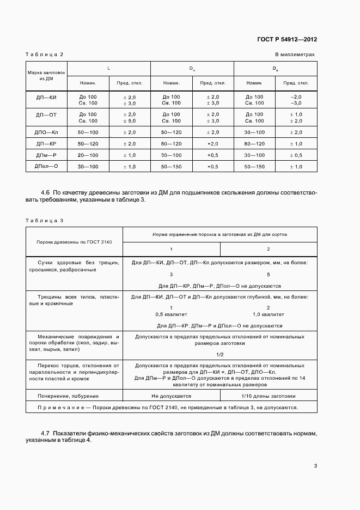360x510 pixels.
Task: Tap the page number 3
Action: coord(315,466)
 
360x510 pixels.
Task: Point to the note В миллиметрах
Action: coord(295,54)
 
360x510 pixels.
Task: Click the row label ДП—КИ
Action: coord(46,99)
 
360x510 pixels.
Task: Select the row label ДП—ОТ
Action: coord(46,117)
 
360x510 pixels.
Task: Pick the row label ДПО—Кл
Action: coord(46,132)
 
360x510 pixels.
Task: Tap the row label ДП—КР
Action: coord(46,144)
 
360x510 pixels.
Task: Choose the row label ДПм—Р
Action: coord(46,155)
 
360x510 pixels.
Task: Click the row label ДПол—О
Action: coord(46,167)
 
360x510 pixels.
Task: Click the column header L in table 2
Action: coord(108,69)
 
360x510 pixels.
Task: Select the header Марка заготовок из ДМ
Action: coord(46,75)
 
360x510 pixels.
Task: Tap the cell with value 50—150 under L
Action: coord(171,167)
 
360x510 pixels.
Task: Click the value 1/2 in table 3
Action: coord(220,354)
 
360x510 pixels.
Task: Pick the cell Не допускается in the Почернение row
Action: coord(172,396)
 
